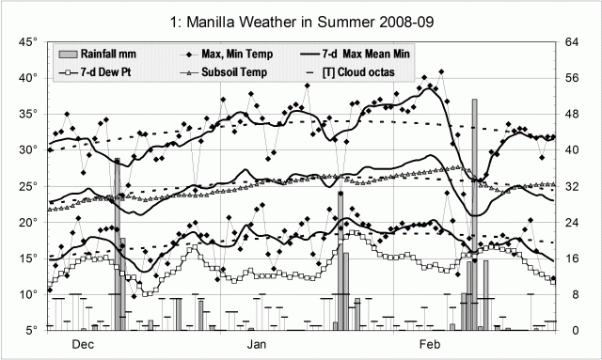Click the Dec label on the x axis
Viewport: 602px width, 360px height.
(x=83, y=345)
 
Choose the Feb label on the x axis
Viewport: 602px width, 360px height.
(x=431, y=345)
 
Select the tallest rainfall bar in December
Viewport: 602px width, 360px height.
(x=117, y=244)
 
